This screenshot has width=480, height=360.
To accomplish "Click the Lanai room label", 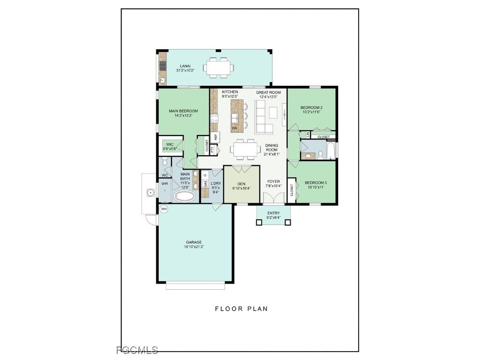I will [185, 66].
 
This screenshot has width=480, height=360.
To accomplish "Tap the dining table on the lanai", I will [218, 67].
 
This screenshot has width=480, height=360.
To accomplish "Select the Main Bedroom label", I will [183, 111].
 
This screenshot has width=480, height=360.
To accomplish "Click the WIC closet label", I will [170, 144].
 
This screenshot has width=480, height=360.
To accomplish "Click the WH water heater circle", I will [164, 209].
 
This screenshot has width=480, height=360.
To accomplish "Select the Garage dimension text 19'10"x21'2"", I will [194, 247].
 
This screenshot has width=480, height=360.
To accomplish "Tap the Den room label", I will [241, 184].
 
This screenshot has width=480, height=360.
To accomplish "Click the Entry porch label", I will [273, 213].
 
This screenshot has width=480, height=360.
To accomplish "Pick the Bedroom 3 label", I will [315, 183].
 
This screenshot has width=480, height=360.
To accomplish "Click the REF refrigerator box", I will [216, 137].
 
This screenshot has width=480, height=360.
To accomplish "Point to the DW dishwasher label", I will [234, 128].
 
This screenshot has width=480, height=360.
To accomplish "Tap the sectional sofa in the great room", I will [263, 117].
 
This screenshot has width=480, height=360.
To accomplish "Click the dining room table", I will [246, 149].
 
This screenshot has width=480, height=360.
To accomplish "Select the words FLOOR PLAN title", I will [241, 308].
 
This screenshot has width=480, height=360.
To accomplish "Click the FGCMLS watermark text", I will [137, 350].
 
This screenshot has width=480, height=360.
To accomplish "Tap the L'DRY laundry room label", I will [216, 183].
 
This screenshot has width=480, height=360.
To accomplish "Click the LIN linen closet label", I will [308, 135].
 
